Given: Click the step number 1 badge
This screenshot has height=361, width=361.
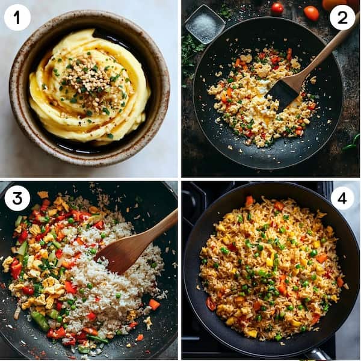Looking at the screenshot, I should coord(17,17).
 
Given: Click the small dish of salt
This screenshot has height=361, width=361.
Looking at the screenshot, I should coord(205,24).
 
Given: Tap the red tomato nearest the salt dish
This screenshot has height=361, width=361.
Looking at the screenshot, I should coord(277,8).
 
